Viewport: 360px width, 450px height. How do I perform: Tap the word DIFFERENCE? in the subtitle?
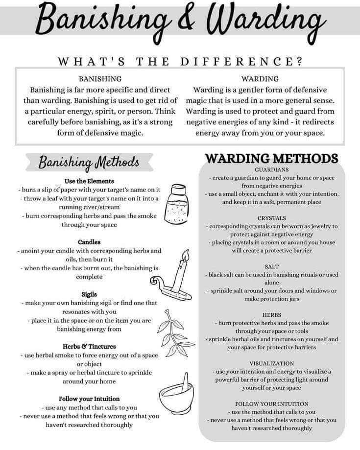pyautogui.click(x=241, y=61)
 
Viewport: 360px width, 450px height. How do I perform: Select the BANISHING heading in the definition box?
pyautogui.click(x=100, y=78)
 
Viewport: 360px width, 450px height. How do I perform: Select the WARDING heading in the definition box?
pyautogui.click(x=260, y=78)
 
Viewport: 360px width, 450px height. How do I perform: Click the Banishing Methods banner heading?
pyautogui.click(x=89, y=162)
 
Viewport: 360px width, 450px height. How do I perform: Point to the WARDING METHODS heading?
pyautogui.click(x=271, y=159)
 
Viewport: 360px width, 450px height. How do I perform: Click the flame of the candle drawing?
pyautogui.click(x=185, y=256)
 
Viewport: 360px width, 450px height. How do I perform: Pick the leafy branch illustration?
pyautogui.click(x=177, y=333)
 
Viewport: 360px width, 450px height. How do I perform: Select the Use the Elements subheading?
pyautogui.click(x=89, y=181)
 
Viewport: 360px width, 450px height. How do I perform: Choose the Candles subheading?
pyautogui.click(x=89, y=242)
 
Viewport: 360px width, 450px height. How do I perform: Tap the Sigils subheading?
pyautogui.click(x=89, y=294)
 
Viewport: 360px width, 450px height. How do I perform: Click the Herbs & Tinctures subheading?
pyautogui.click(x=89, y=346)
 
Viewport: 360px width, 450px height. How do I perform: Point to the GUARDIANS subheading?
pyautogui.click(x=271, y=169)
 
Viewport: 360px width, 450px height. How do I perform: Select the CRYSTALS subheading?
pyautogui.click(x=271, y=217)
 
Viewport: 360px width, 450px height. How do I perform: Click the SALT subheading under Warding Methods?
pyautogui.click(x=271, y=266)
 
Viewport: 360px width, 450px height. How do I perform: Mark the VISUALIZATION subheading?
pyautogui.click(x=271, y=363)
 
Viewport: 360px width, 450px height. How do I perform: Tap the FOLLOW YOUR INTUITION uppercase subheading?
pyautogui.click(x=271, y=403)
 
